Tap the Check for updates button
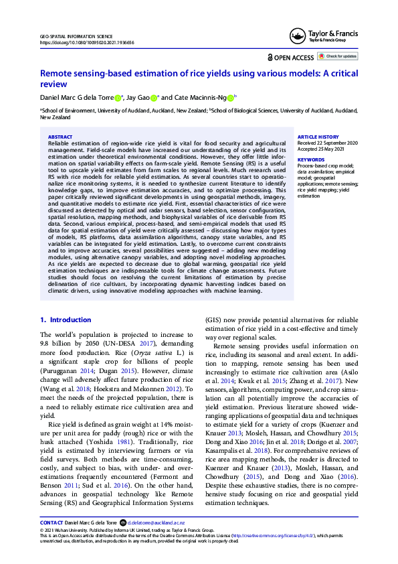[x=338, y=56]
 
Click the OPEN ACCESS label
[x=291, y=57]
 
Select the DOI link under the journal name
[x=87, y=42]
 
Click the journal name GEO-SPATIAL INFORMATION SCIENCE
[x=78, y=36]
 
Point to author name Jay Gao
[x=141, y=97]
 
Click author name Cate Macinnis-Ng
[x=205, y=97]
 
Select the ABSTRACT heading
[x=60, y=137]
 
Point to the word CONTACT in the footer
[x=52, y=539]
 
